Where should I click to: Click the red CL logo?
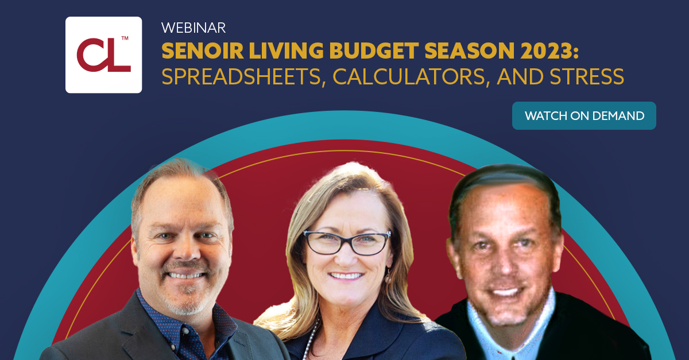[104, 55]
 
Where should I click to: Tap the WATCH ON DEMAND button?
[584, 115]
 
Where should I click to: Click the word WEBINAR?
[193, 28]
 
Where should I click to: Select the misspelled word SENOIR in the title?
[202, 51]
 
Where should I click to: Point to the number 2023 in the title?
[546, 51]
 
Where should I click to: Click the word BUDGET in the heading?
[373, 51]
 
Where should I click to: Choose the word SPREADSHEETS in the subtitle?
[241, 76]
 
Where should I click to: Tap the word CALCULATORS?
[409, 76]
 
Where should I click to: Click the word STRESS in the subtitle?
[587, 76]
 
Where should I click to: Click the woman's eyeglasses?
[347, 242]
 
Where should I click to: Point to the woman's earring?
[389, 277]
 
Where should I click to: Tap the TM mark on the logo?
[125, 38]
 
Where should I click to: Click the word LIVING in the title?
[286, 51]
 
